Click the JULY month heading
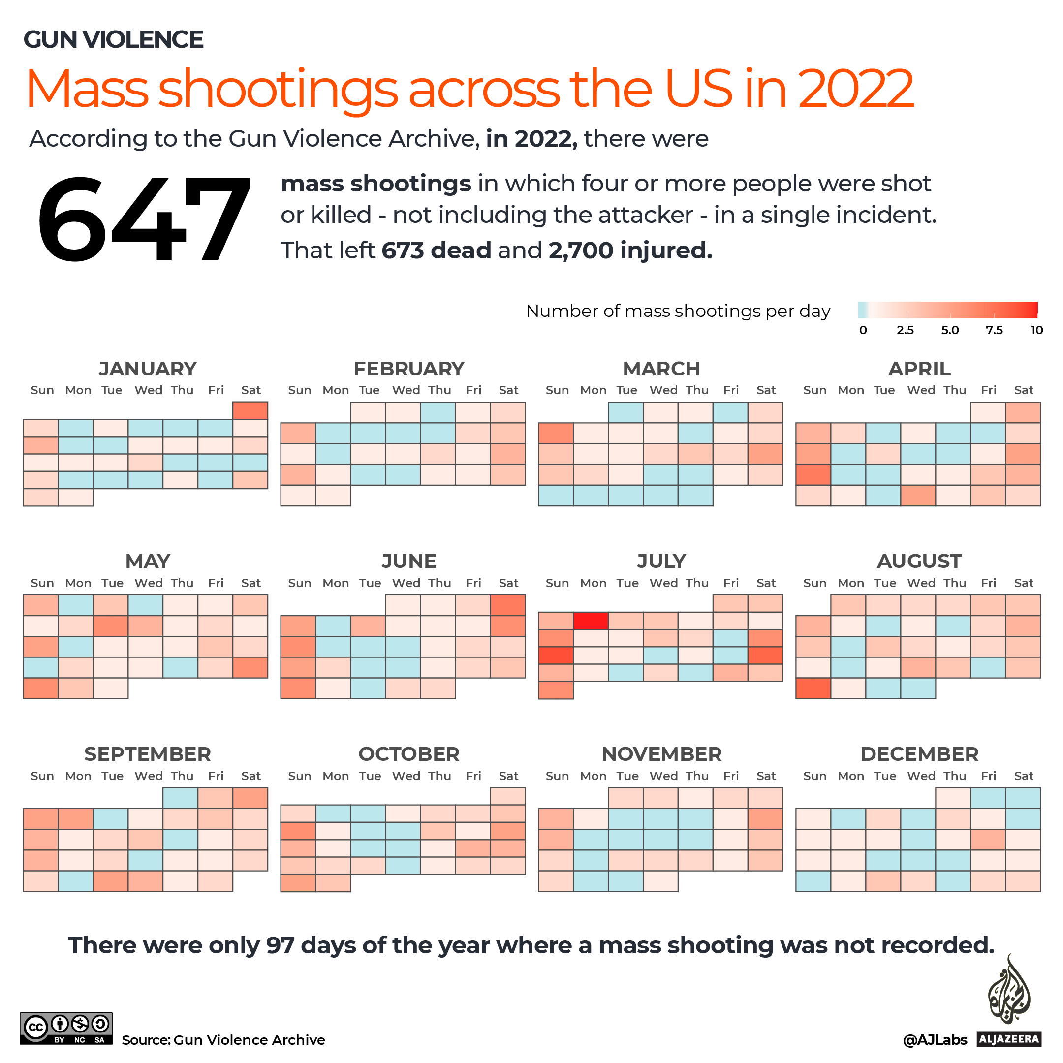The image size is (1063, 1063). [661, 561]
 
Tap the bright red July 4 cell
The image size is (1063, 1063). [591, 621]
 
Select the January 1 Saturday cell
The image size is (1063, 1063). [250, 410]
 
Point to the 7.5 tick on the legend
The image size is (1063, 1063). [994, 330]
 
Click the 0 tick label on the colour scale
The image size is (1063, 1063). [863, 330]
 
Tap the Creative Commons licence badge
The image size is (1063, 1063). [66, 1028]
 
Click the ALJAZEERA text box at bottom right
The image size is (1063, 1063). [1009, 1039]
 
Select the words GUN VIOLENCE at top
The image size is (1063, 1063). [113, 39]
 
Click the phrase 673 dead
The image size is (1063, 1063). [436, 250]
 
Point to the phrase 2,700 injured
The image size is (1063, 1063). [630, 250]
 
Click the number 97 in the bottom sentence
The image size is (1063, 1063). [280, 945]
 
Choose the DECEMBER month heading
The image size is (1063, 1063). [919, 754]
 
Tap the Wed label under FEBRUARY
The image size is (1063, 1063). [406, 390]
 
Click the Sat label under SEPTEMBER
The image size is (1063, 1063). [251, 776]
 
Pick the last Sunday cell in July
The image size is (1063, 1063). [556, 690]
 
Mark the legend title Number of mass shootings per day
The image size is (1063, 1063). [678, 311]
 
